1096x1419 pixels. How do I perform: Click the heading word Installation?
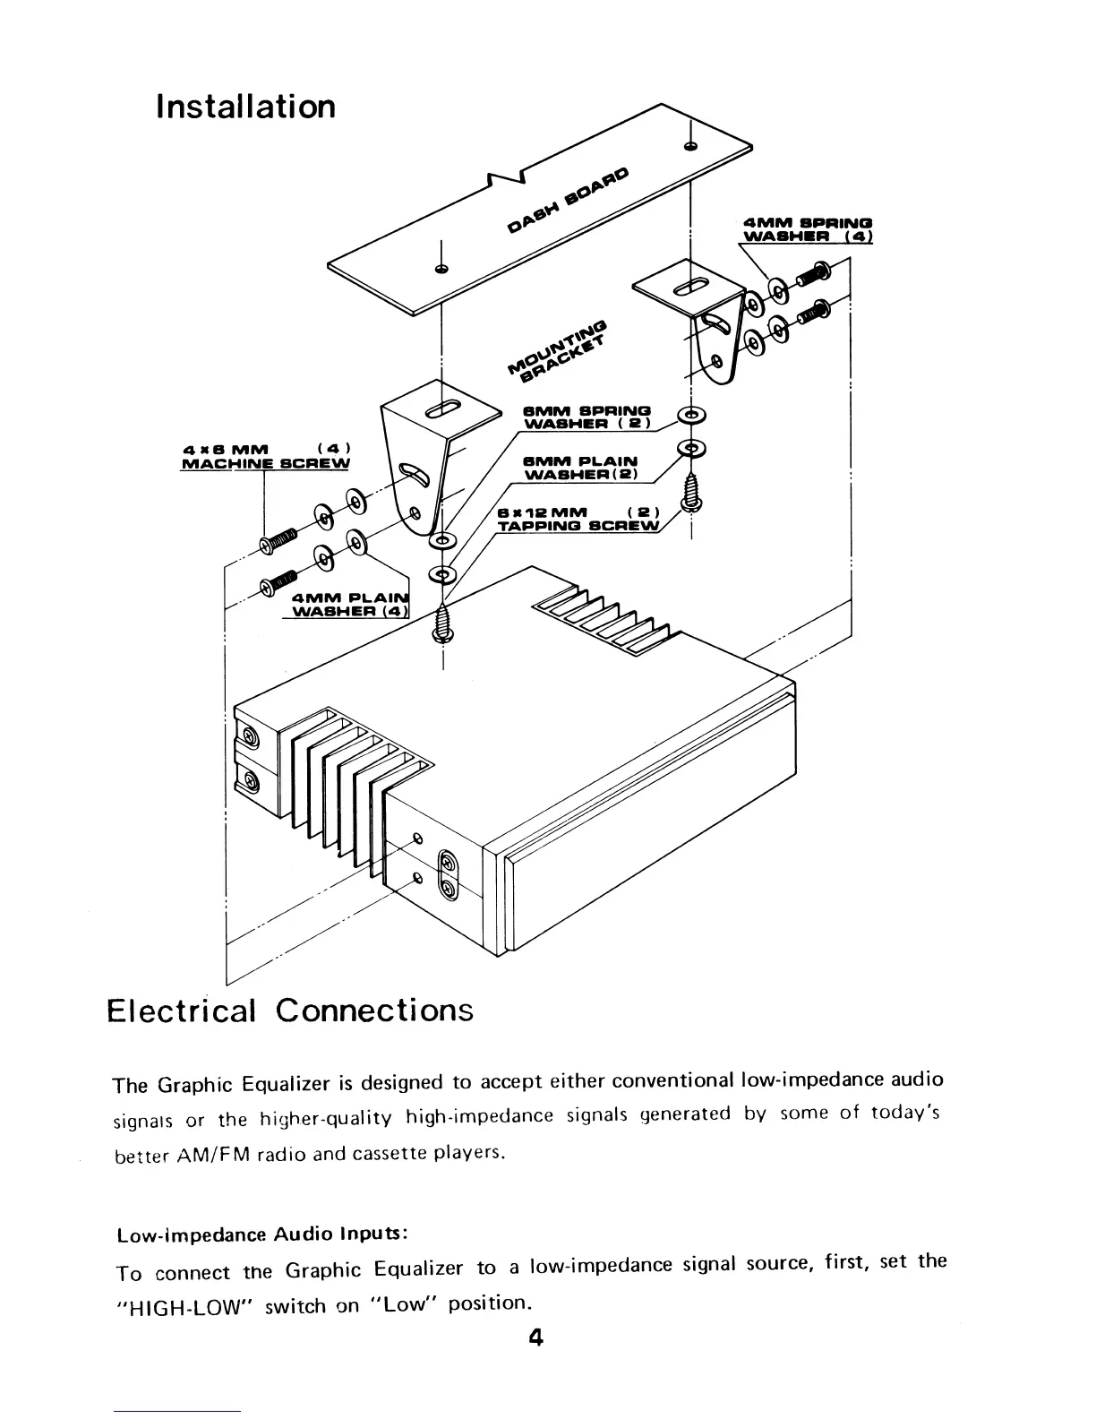[x=245, y=107]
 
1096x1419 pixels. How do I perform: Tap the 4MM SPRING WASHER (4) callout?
[x=808, y=229]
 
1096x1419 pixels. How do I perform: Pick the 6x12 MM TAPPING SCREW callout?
[x=578, y=519]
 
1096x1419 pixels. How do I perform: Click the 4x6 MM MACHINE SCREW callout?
[x=265, y=455]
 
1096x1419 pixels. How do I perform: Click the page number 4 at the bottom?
[x=535, y=1338]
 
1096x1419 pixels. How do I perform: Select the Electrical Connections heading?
[x=289, y=1010]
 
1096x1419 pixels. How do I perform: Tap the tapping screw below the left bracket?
[x=443, y=620]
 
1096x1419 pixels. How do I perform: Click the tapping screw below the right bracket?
[x=690, y=493]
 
